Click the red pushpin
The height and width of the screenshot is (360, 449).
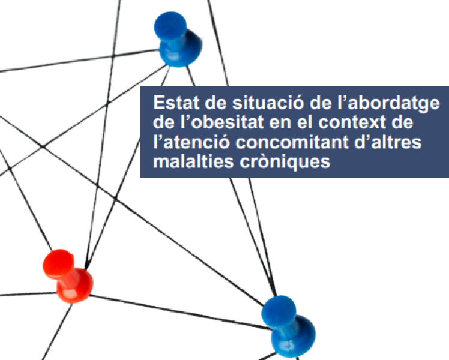point(67,275)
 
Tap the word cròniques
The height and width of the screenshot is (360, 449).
point(276,163)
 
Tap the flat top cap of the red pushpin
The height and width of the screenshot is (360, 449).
point(58,262)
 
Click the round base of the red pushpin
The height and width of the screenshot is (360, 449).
point(76,286)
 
